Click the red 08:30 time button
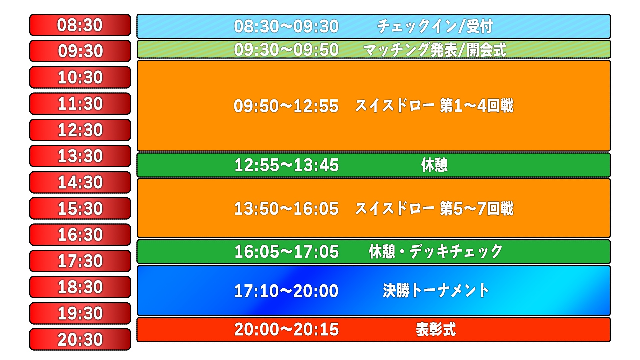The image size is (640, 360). pos(80,25)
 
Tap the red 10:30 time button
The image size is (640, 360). pos(80,77)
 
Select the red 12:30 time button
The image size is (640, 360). pos(80,130)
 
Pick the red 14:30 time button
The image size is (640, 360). pos(80,182)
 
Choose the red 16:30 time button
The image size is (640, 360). pos(80,235)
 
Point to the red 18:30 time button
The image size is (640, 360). pos(80,287)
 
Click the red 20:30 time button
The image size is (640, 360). pos(80,339)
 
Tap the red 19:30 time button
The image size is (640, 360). pos(80,313)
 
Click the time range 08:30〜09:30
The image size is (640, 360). pos(286,26)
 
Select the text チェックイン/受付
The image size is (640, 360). pos(435,26)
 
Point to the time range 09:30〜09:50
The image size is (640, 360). pos(286,50)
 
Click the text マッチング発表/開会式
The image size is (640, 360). pos(435,50)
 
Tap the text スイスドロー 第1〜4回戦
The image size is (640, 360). pos(434,106)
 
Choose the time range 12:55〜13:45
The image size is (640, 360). pos(287,165)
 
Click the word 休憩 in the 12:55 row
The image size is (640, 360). pos(434,165)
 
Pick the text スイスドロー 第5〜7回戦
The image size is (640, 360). pos(434,209)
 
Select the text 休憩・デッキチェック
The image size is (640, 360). pos(435,252)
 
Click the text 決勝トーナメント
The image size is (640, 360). pos(436,291)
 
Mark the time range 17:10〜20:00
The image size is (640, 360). pos(286,291)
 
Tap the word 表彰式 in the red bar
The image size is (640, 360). pos(436,329)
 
